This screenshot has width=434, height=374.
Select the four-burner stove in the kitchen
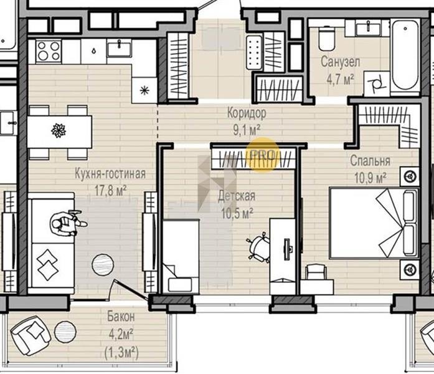[x=49, y=51]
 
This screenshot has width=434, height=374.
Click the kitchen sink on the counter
[x=120, y=48]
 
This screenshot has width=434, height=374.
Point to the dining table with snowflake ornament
[x=59, y=132]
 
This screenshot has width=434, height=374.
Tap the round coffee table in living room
[x=103, y=265]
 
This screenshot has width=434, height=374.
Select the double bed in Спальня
[x=374, y=223]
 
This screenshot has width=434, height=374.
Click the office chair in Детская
[x=258, y=247]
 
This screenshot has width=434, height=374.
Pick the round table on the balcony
[x=65, y=332]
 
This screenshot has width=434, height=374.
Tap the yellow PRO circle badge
[x=263, y=155]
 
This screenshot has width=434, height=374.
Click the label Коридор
[x=247, y=113]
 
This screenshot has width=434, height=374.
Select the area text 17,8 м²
[x=110, y=191]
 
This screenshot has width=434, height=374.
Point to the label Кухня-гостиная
[x=110, y=174]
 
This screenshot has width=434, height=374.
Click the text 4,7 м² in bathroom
[x=340, y=80]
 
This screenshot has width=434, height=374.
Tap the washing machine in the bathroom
[x=377, y=83]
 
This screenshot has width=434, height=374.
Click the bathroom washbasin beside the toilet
[x=368, y=29]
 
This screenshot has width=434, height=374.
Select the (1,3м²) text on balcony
[x=121, y=353]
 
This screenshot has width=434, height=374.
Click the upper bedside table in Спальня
[x=409, y=176]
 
